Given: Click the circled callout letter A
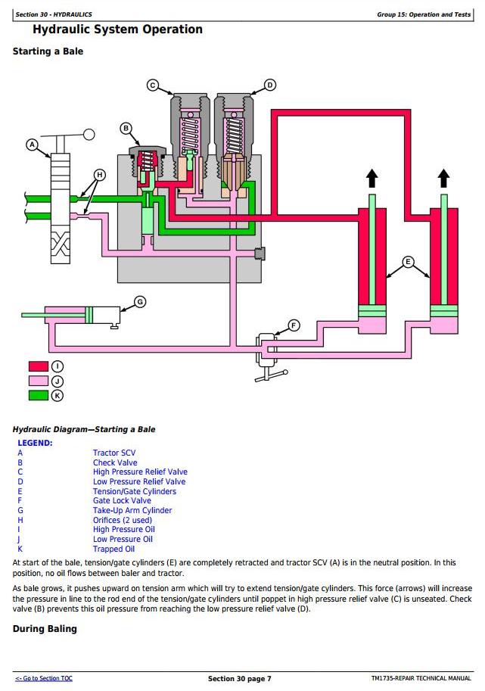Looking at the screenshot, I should [x=32, y=144].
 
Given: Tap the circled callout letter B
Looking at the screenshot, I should [x=126, y=128].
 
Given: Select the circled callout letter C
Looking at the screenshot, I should [x=152, y=86].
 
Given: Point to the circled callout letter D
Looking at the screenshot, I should [x=270, y=85].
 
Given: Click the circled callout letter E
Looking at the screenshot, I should [x=409, y=263].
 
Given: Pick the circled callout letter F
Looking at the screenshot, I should [x=294, y=326].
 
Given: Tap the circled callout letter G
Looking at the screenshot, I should [x=139, y=302].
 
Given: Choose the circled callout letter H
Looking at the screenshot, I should [x=98, y=175].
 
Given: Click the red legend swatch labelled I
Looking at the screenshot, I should [x=39, y=368].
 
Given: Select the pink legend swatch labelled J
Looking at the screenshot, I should [x=39, y=381].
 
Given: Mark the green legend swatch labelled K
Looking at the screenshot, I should [x=39, y=395].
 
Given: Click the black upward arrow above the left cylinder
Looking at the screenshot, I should [x=372, y=179].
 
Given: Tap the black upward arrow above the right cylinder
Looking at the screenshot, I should [x=443, y=179].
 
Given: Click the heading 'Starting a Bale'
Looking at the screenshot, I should [x=48, y=51].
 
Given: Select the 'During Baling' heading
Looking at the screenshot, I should [x=45, y=629].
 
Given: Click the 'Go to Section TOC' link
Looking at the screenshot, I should [x=44, y=679].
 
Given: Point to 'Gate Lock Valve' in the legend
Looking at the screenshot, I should [x=122, y=501].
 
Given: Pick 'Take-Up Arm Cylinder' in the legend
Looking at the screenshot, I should [x=132, y=511].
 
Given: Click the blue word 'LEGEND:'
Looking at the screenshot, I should [x=35, y=443].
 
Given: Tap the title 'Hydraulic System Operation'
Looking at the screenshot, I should [x=117, y=30].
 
